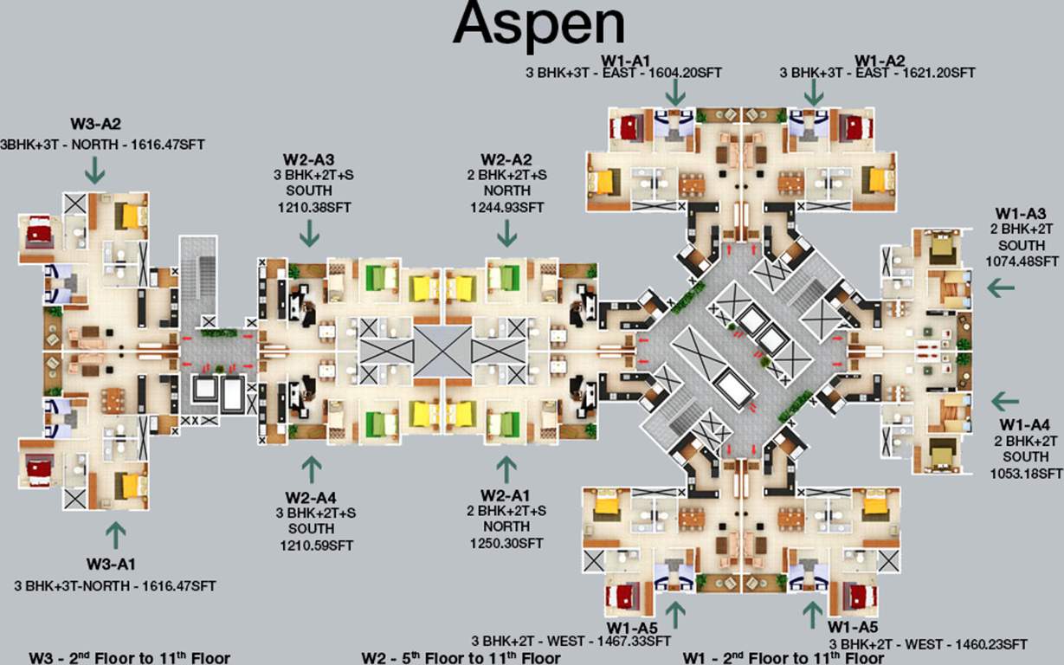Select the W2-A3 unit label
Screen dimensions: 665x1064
coord(309,158)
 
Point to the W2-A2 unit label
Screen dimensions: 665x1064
coord(506,158)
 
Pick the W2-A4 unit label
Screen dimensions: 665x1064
coord(310,497)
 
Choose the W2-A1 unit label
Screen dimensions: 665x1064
coord(506,494)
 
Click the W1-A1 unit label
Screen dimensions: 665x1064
coord(623,60)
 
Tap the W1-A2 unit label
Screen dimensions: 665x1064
coord(879,60)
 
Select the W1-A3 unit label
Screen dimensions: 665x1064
coord(1021,213)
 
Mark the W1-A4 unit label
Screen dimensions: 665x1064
coord(1025,424)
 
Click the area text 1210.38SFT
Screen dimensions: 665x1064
coord(309,207)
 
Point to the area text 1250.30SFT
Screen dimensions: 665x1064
coord(506,543)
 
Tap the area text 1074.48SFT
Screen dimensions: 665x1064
coord(1022,260)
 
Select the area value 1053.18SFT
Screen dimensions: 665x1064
coord(1026,473)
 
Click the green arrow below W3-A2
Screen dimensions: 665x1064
coord(94,170)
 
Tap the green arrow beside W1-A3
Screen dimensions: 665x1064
coord(1002,287)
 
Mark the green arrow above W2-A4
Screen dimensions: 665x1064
coord(311,468)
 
